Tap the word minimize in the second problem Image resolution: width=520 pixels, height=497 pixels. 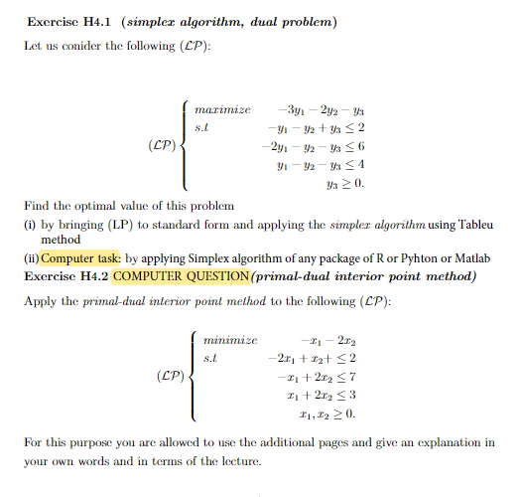click(230, 340)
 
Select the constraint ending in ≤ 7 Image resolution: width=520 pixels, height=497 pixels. click(318, 378)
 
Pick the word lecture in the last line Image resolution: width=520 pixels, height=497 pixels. click(239, 462)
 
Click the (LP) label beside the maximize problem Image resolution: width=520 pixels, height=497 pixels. click(162, 147)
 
